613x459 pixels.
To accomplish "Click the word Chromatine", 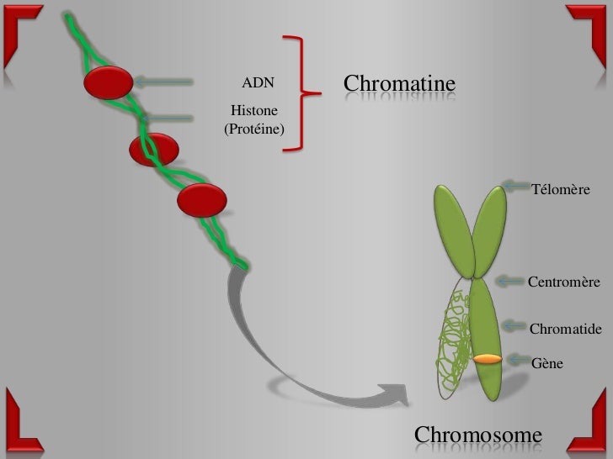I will [x=399, y=84].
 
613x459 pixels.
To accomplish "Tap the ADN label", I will [x=258, y=84].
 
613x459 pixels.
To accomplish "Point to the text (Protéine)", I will [x=254, y=130].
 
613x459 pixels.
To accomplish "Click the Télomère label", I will [x=561, y=192].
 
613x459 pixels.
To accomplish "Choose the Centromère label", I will [x=563, y=282].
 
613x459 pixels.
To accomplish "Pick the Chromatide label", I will [x=565, y=329].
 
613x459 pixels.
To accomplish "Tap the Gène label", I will [x=547, y=363].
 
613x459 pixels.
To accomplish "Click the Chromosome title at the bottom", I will [x=478, y=435].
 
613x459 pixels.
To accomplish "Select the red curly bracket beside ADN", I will [x=299, y=93].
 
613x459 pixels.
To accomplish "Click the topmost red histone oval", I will [x=108, y=82].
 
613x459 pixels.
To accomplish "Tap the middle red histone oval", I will [x=153, y=150].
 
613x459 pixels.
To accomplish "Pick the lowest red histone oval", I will [x=202, y=199].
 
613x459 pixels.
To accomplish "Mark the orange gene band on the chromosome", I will [x=488, y=360].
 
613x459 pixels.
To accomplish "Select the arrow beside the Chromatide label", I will [x=514, y=324].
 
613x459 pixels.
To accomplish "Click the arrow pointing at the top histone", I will [x=164, y=82].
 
